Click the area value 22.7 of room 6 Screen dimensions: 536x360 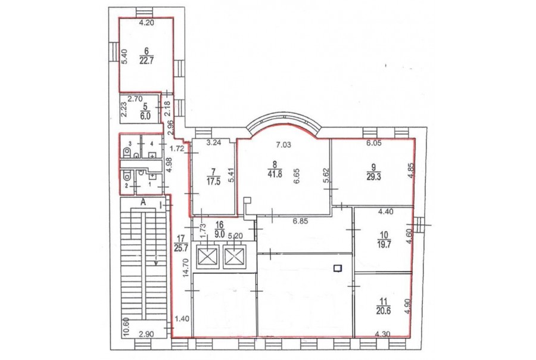pos(147,61)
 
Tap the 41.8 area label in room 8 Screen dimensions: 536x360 pos(275,174)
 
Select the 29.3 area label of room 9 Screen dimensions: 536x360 pos(374,177)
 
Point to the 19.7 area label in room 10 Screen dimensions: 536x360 pos(384,244)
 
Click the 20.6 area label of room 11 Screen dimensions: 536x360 pos(384,311)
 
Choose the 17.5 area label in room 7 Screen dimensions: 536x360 pos(213,181)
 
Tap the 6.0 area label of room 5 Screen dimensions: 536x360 pos(145,116)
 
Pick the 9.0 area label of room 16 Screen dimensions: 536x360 pos(219,234)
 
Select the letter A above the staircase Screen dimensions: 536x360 pos(144,202)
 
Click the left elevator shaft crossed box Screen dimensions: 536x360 pos(207,256)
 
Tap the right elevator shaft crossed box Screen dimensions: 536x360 pos(234,256)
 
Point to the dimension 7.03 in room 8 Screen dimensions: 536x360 pos(283,145)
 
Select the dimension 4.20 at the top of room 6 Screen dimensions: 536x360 pos(147,23)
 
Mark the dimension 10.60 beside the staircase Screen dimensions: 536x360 pos(126,327)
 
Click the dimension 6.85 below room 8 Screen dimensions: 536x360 pos(300,221)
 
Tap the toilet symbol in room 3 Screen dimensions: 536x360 pos(127,152)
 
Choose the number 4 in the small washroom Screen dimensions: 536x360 pos(151,144)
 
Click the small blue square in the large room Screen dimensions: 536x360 pos(338,268)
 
